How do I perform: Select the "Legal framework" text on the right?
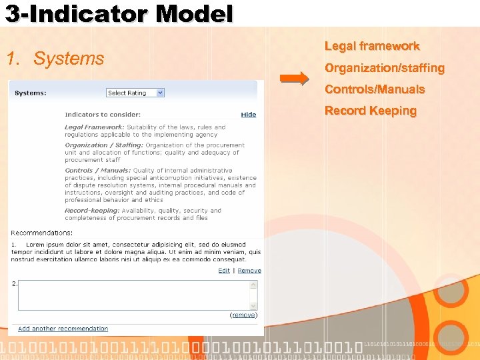(x=372, y=46)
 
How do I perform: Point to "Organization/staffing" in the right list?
(x=384, y=68)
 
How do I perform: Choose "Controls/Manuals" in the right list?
(x=375, y=89)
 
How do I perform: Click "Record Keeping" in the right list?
(x=370, y=111)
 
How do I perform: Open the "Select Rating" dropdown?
(x=135, y=93)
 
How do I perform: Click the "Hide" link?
(x=249, y=115)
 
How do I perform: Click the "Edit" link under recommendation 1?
(x=224, y=271)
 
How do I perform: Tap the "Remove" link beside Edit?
(x=249, y=271)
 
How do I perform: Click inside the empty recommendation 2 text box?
(x=133, y=294)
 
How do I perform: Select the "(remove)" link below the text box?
(x=244, y=315)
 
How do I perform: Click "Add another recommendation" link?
(x=63, y=329)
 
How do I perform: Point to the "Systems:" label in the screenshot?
(x=31, y=93)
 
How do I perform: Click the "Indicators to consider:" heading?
(x=103, y=115)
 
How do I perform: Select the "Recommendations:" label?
(x=42, y=233)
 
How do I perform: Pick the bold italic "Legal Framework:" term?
(x=94, y=127)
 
